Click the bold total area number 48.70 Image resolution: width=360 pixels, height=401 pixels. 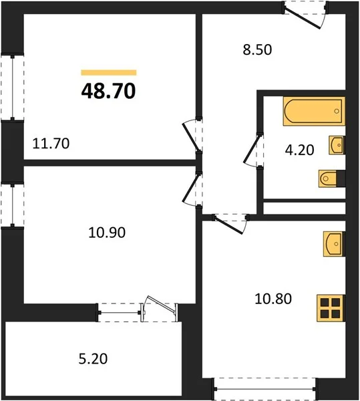[108, 92]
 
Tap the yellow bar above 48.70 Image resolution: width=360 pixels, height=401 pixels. [109, 73]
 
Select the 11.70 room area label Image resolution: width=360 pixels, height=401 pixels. [51, 144]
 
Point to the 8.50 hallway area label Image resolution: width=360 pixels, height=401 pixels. [257, 49]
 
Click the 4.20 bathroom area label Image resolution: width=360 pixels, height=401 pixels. [299, 150]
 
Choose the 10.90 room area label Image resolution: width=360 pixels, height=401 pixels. [107, 233]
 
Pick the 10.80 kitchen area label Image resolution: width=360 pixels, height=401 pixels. [273, 299]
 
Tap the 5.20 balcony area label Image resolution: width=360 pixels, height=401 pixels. [93, 358]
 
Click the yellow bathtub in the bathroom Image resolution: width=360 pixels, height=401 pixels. [314, 111]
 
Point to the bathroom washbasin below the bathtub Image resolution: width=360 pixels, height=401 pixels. [337, 145]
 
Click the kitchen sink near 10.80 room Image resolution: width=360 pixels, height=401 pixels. [334, 244]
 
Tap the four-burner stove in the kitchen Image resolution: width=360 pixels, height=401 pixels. [331, 308]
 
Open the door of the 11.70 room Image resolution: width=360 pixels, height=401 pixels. [192, 136]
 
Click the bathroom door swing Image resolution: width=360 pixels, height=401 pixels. [253, 150]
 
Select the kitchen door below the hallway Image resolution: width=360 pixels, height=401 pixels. [230, 223]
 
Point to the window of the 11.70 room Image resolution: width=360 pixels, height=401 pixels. [12, 87]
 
